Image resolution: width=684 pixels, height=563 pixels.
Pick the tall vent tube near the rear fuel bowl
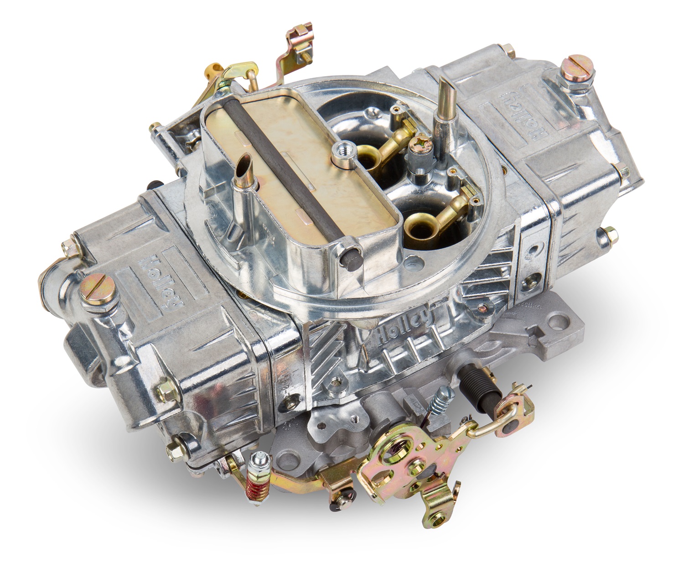444,99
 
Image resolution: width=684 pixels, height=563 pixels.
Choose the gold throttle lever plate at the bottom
401,465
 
